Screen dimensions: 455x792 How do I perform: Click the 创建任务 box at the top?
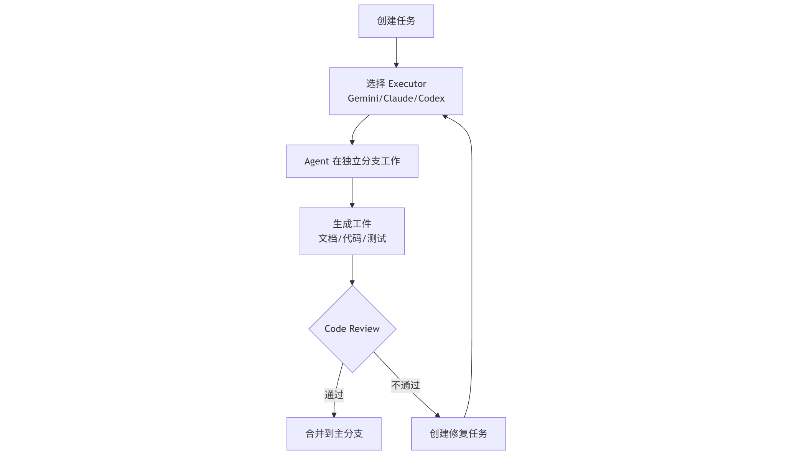[396, 21]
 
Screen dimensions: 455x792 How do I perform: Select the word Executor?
[407, 84]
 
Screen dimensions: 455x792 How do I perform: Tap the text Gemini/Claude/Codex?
[396, 99]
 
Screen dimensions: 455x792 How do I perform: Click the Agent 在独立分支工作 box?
[352, 161]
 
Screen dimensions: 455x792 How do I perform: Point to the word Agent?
[316, 161]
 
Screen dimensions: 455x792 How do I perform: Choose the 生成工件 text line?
[352, 224]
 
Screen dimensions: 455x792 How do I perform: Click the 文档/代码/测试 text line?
[352, 238]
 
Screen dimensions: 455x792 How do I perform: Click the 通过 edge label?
[334, 394]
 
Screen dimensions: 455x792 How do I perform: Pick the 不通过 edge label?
[405, 385]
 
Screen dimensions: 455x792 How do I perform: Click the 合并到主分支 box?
[334, 434]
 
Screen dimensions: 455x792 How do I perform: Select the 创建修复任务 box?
[458, 434]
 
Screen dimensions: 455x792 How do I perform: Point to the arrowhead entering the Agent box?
[352, 142]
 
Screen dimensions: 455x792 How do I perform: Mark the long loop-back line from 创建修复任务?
[472, 268]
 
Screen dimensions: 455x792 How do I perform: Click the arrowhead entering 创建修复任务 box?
[438, 415]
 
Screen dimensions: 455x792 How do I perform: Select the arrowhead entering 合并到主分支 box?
[334, 415]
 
